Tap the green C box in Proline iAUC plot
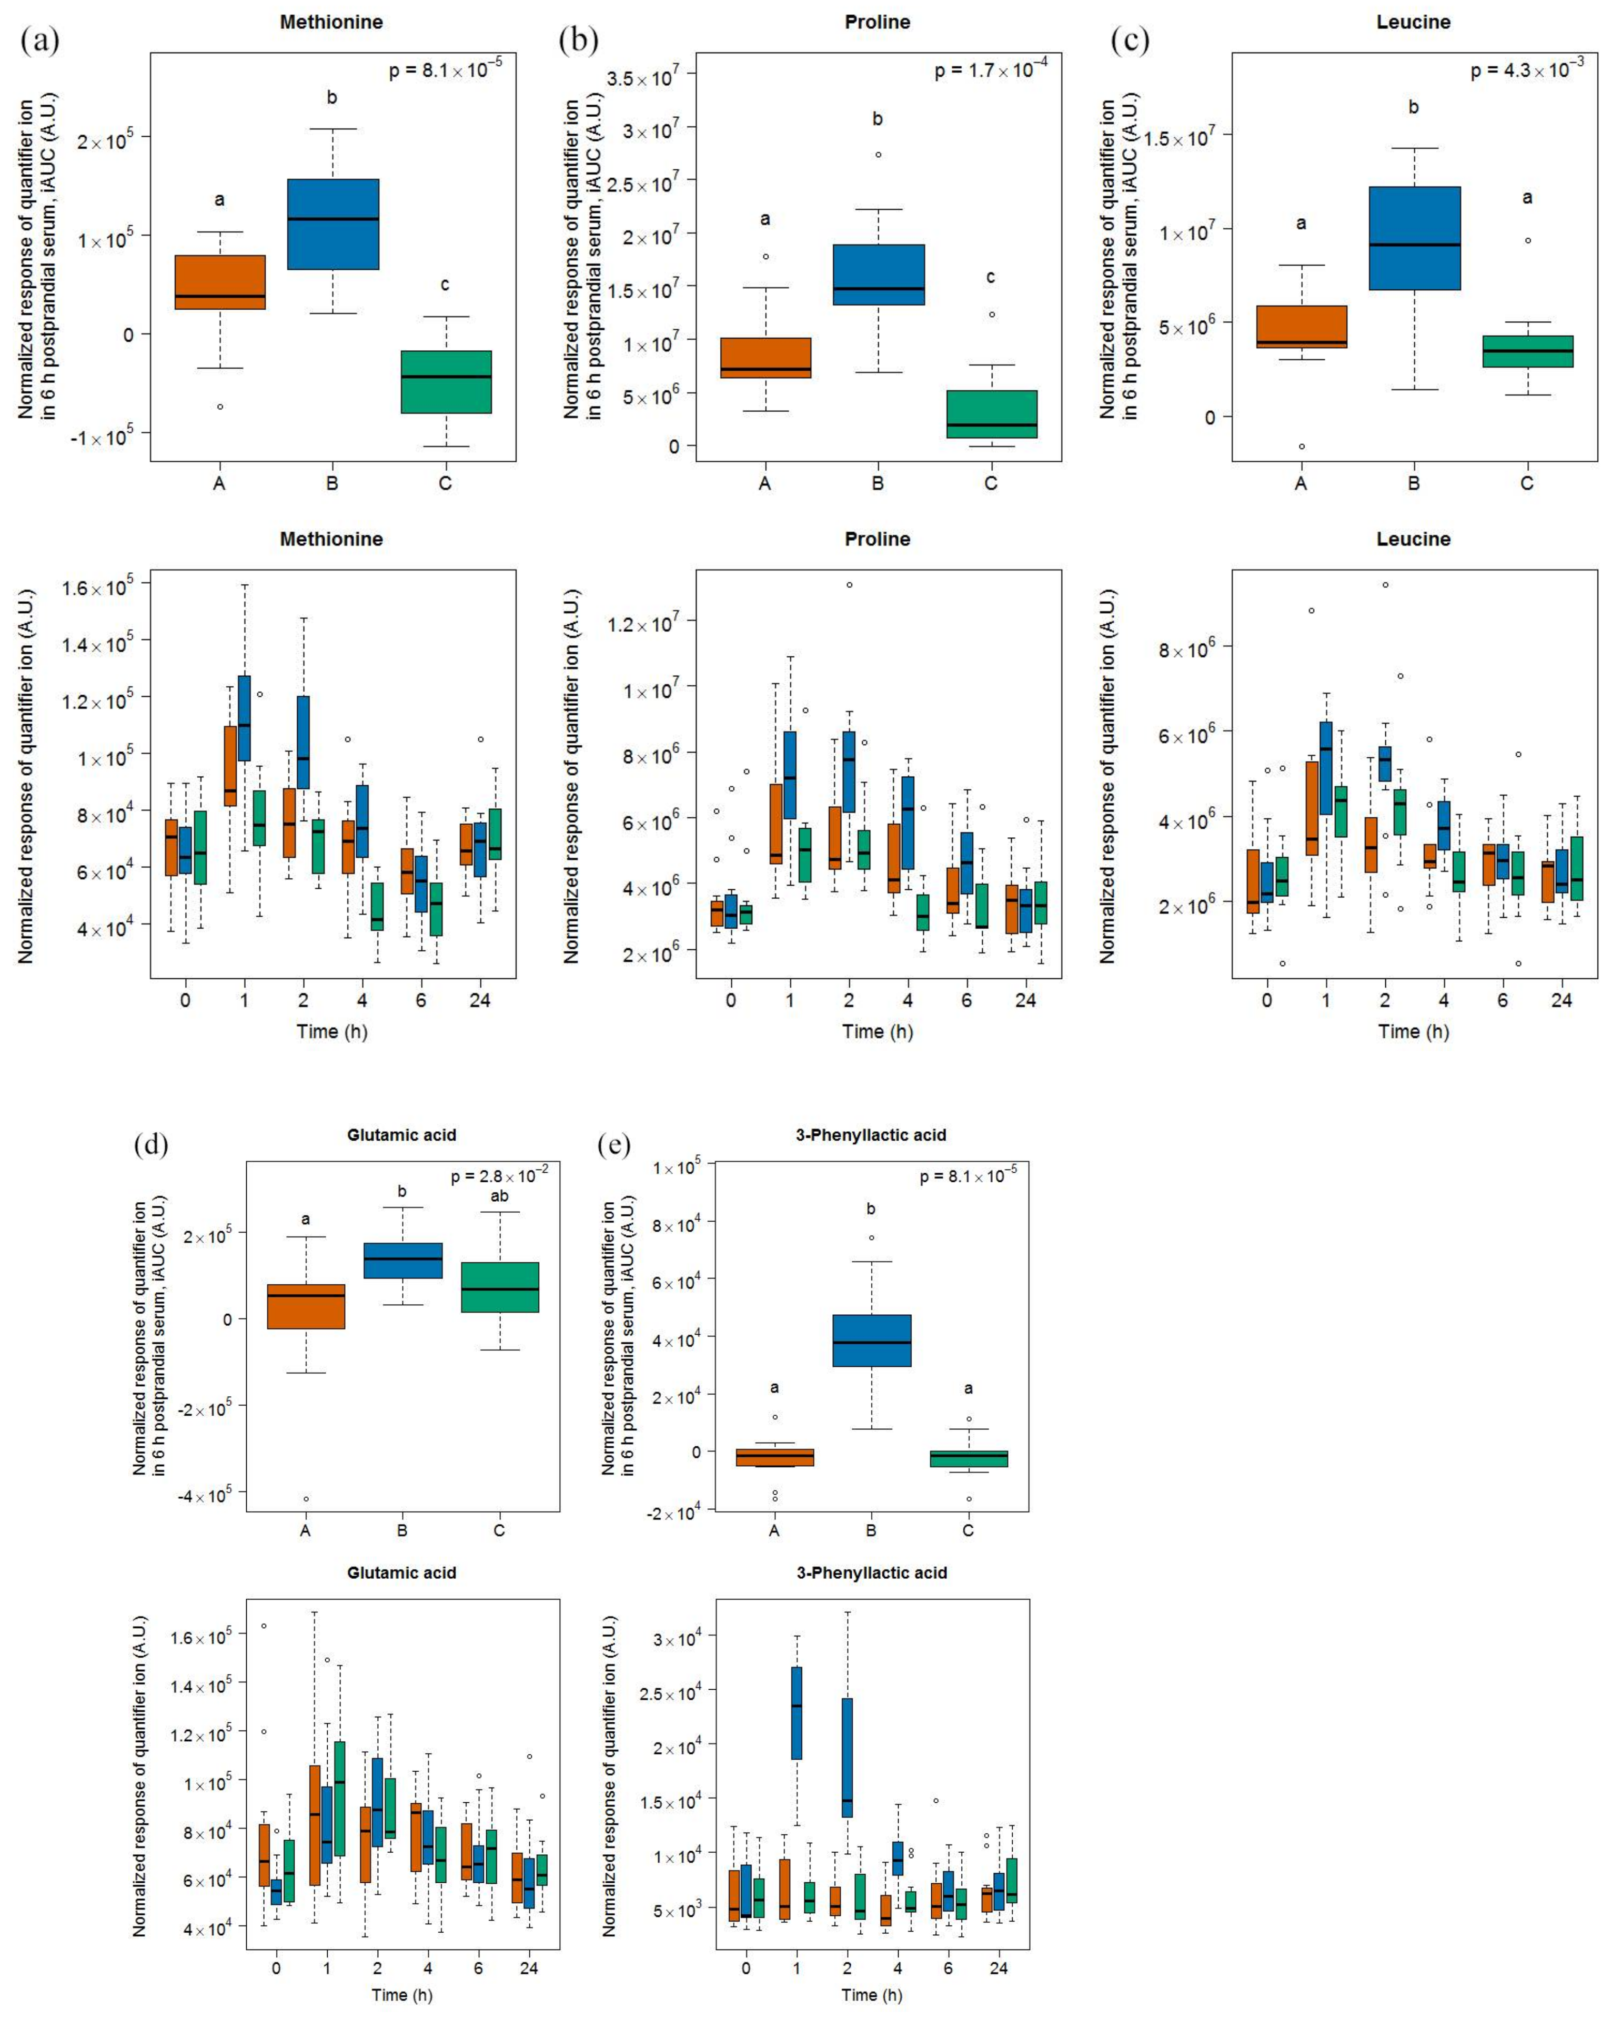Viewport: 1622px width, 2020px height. [991, 414]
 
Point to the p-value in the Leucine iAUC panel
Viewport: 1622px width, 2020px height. [1526, 70]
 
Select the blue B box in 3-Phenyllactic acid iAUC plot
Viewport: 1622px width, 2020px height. [871, 1341]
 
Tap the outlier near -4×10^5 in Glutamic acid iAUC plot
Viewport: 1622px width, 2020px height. [306, 1499]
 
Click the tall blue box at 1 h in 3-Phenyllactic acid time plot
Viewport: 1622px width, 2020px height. [797, 1713]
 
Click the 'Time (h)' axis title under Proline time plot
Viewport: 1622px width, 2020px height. [877, 1031]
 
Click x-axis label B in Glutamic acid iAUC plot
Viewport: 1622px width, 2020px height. [402, 1530]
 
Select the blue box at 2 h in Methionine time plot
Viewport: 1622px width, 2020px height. [303, 742]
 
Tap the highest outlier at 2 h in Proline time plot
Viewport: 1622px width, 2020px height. [849, 585]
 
